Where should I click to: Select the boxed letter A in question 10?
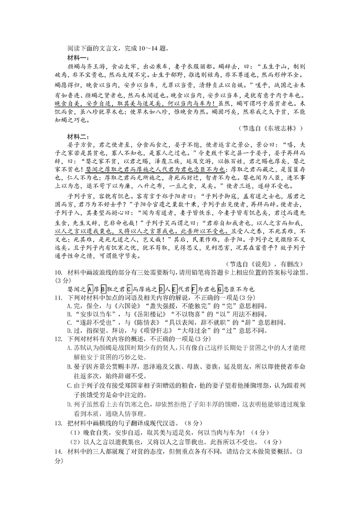click(x=90, y=289)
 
